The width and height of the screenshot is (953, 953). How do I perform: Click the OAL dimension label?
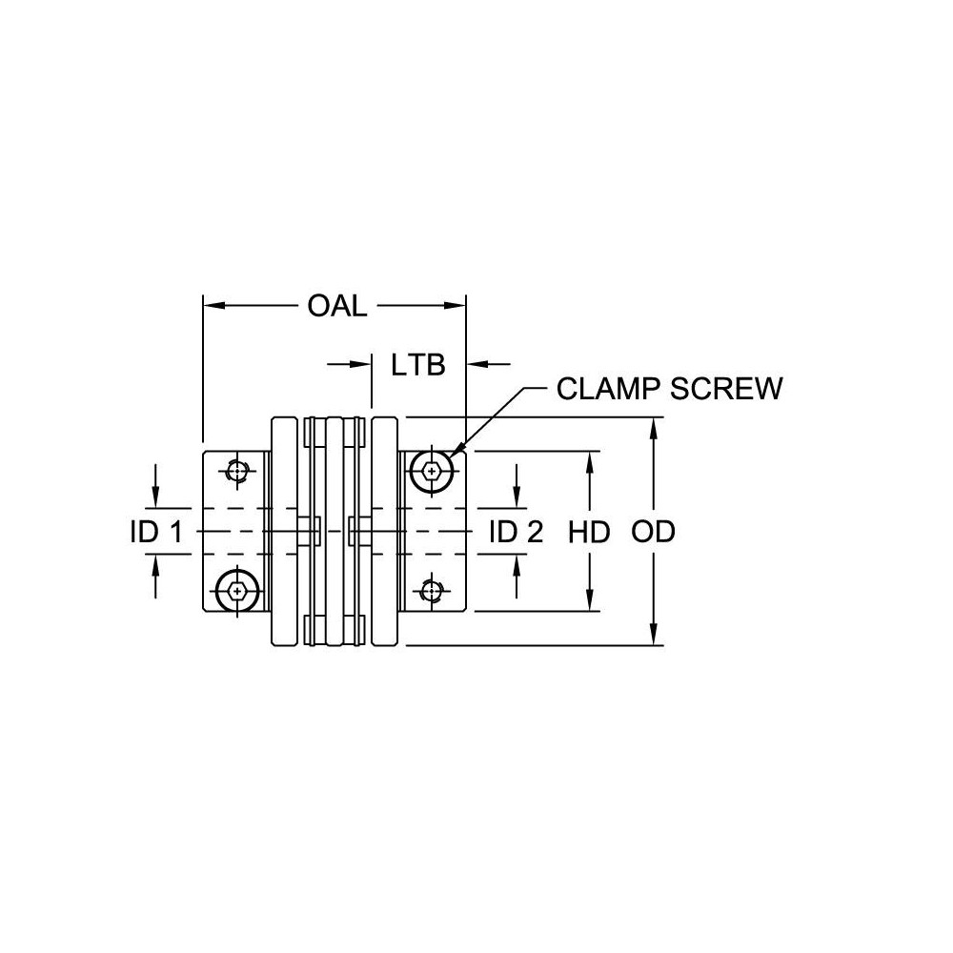point(337,307)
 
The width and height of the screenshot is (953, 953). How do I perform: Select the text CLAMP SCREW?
point(669,389)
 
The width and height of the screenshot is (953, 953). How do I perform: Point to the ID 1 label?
point(156,532)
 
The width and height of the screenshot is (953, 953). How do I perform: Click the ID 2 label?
point(516,532)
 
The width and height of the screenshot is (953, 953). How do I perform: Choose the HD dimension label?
point(589,532)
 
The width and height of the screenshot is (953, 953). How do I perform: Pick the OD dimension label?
point(653,532)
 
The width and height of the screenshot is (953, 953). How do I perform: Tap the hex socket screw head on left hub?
point(235,592)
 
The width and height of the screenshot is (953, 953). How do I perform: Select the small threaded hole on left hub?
point(236,470)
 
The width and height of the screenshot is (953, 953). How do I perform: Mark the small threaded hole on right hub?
point(433,591)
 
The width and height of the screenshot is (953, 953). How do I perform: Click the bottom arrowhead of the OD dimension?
point(654,637)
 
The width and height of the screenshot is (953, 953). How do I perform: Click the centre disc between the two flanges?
point(335,531)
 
